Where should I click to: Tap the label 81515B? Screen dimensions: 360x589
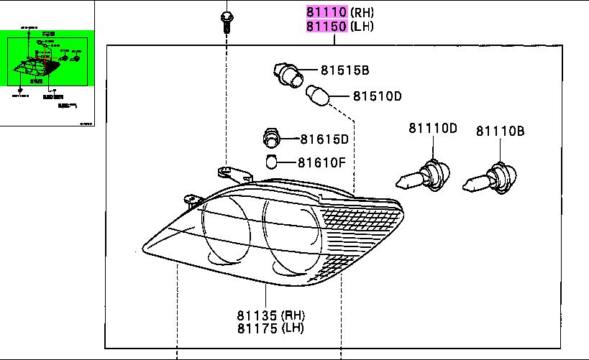click(x=344, y=70)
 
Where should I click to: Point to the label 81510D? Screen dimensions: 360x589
click(x=376, y=96)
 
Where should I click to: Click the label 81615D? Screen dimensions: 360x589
click(x=324, y=139)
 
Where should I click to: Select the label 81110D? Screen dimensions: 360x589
click(x=433, y=129)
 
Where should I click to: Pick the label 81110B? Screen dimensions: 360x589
click(x=500, y=131)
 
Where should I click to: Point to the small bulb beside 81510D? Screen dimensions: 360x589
click(x=317, y=93)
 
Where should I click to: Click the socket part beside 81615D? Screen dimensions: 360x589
click(x=271, y=137)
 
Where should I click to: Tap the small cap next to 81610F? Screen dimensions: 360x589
click(x=271, y=161)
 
